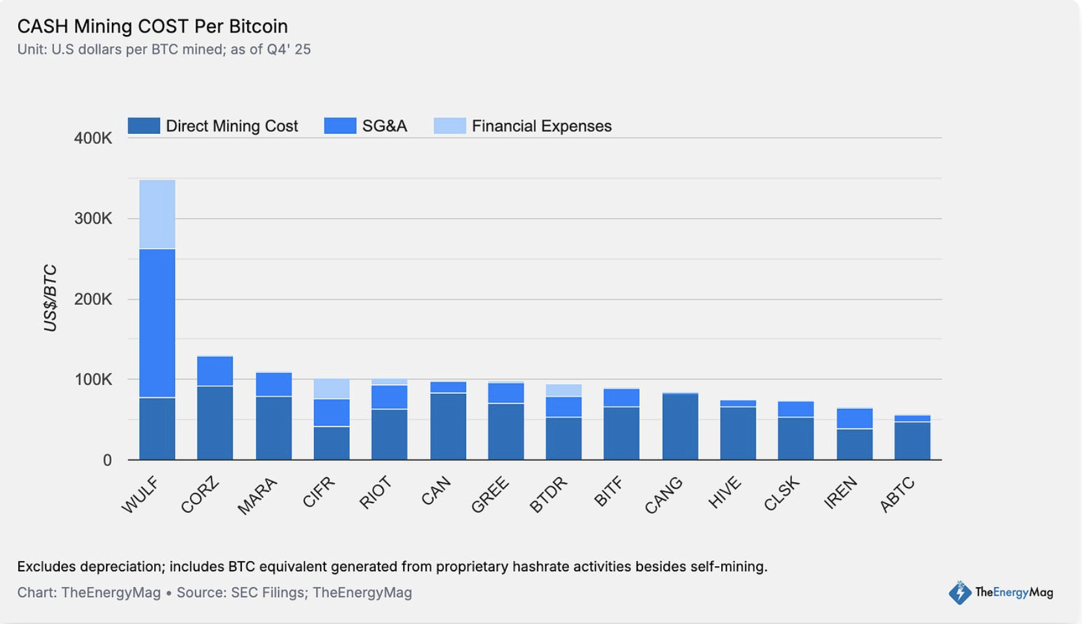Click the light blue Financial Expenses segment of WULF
tap(157, 214)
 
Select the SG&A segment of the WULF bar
tap(157, 322)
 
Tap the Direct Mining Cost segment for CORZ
tap(215, 422)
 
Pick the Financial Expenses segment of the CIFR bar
tap(331, 389)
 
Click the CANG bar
tap(680, 426)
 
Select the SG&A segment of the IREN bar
tap(854, 419)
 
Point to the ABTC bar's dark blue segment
tap(912, 441)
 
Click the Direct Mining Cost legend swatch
tap(144, 125)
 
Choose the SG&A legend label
tap(384, 126)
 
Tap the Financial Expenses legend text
tap(541, 126)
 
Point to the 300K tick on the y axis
tap(93, 218)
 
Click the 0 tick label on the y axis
tap(107, 460)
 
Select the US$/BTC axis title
tap(50, 298)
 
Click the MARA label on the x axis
tap(257, 495)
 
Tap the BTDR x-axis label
tap(548, 495)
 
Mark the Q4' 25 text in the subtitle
tap(289, 49)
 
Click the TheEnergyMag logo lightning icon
tap(960, 592)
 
